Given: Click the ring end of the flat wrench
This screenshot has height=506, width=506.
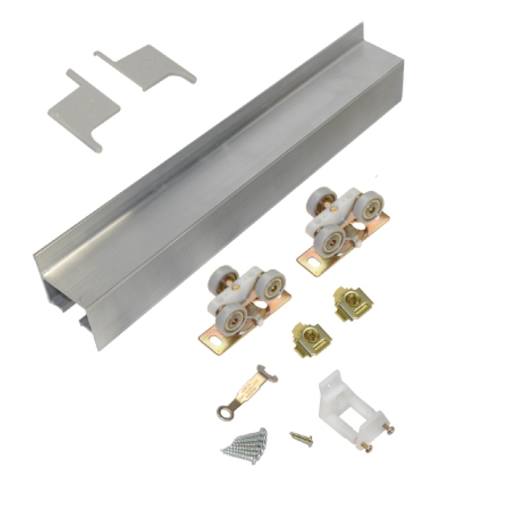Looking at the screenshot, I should pyautogui.click(x=224, y=410).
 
